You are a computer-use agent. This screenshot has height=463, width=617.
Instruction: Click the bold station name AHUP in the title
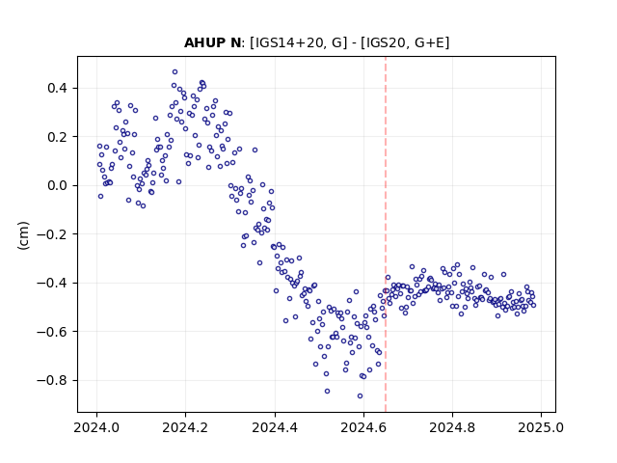point(203,42)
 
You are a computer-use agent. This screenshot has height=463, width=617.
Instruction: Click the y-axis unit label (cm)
point(23,235)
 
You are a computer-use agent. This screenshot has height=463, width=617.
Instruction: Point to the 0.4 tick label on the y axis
point(57,88)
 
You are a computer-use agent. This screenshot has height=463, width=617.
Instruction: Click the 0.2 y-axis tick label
point(57,137)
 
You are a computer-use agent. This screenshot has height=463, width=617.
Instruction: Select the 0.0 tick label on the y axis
point(57,185)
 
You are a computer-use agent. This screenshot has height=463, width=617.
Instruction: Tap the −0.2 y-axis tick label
point(52,234)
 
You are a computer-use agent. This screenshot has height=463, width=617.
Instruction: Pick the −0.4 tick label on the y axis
point(52,283)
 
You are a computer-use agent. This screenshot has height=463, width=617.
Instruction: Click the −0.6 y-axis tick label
point(52,332)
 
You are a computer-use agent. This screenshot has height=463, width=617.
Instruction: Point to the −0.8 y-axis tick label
point(52,380)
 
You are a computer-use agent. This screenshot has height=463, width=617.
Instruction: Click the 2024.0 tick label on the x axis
point(96,427)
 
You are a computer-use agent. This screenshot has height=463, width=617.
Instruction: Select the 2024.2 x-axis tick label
point(185,427)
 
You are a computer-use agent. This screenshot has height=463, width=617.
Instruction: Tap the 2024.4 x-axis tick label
point(275,427)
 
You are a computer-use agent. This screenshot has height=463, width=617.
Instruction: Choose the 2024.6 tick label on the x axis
point(363,427)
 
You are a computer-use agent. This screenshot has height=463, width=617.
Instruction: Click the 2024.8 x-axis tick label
point(452,427)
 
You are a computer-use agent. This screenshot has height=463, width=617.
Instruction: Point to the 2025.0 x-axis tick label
point(542,427)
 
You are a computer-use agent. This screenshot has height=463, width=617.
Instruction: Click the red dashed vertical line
point(386,234)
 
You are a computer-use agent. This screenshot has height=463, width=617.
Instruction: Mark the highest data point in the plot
point(175,71)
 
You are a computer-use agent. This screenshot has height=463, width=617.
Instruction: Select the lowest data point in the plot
point(360,396)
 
